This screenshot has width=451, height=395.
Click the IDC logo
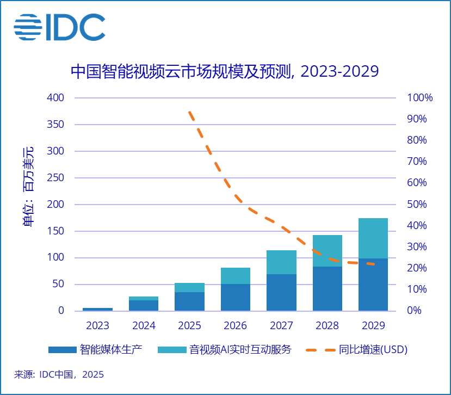click(59, 27)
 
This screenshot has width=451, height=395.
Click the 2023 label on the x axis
click(97, 326)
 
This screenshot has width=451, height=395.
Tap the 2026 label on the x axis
click(235, 326)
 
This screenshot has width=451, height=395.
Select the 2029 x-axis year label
click(373, 326)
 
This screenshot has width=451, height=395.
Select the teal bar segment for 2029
click(373, 238)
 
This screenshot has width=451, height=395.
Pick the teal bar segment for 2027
click(281, 262)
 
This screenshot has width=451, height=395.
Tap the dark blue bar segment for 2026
click(235, 297)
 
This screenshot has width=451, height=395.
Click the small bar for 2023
click(97, 309)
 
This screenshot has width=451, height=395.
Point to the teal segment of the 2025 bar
click(189, 287)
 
